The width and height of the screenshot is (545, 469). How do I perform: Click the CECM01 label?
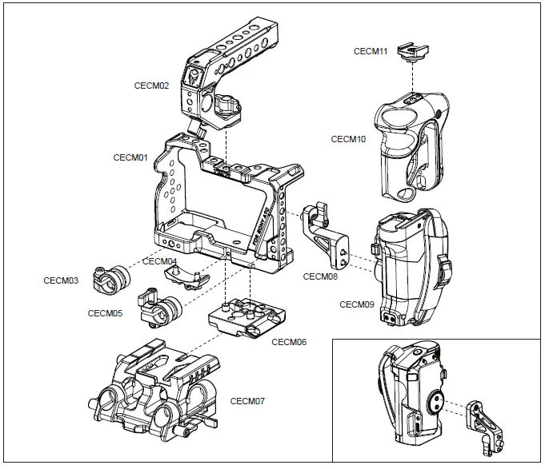tap(131, 158)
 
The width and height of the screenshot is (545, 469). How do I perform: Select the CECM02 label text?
tap(151, 85)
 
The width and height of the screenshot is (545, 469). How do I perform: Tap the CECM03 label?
tap(61, 280)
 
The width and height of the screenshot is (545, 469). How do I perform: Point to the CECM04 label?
tap(160, 261)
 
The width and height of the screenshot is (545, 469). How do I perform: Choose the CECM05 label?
tap(105, 313)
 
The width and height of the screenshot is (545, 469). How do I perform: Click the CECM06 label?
tap(289, 342)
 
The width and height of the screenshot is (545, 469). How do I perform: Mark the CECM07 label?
tap(247, 399)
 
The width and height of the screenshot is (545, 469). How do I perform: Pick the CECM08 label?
tap(320, 277)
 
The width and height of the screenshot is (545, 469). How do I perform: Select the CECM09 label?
tap(357, 304)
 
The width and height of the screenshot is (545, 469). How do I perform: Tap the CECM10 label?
tap(348, 139)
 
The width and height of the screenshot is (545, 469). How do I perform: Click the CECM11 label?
tap(371, 51)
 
